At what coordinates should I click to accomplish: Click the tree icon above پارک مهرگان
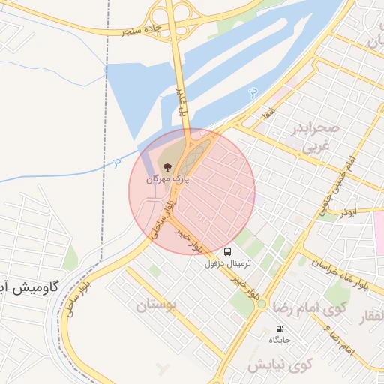[x=166, y=167]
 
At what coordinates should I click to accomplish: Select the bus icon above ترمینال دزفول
[x=227, y=252]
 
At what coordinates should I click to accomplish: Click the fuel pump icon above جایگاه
[x=280, y=328]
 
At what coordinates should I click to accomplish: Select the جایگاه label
[x=280, y=340]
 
